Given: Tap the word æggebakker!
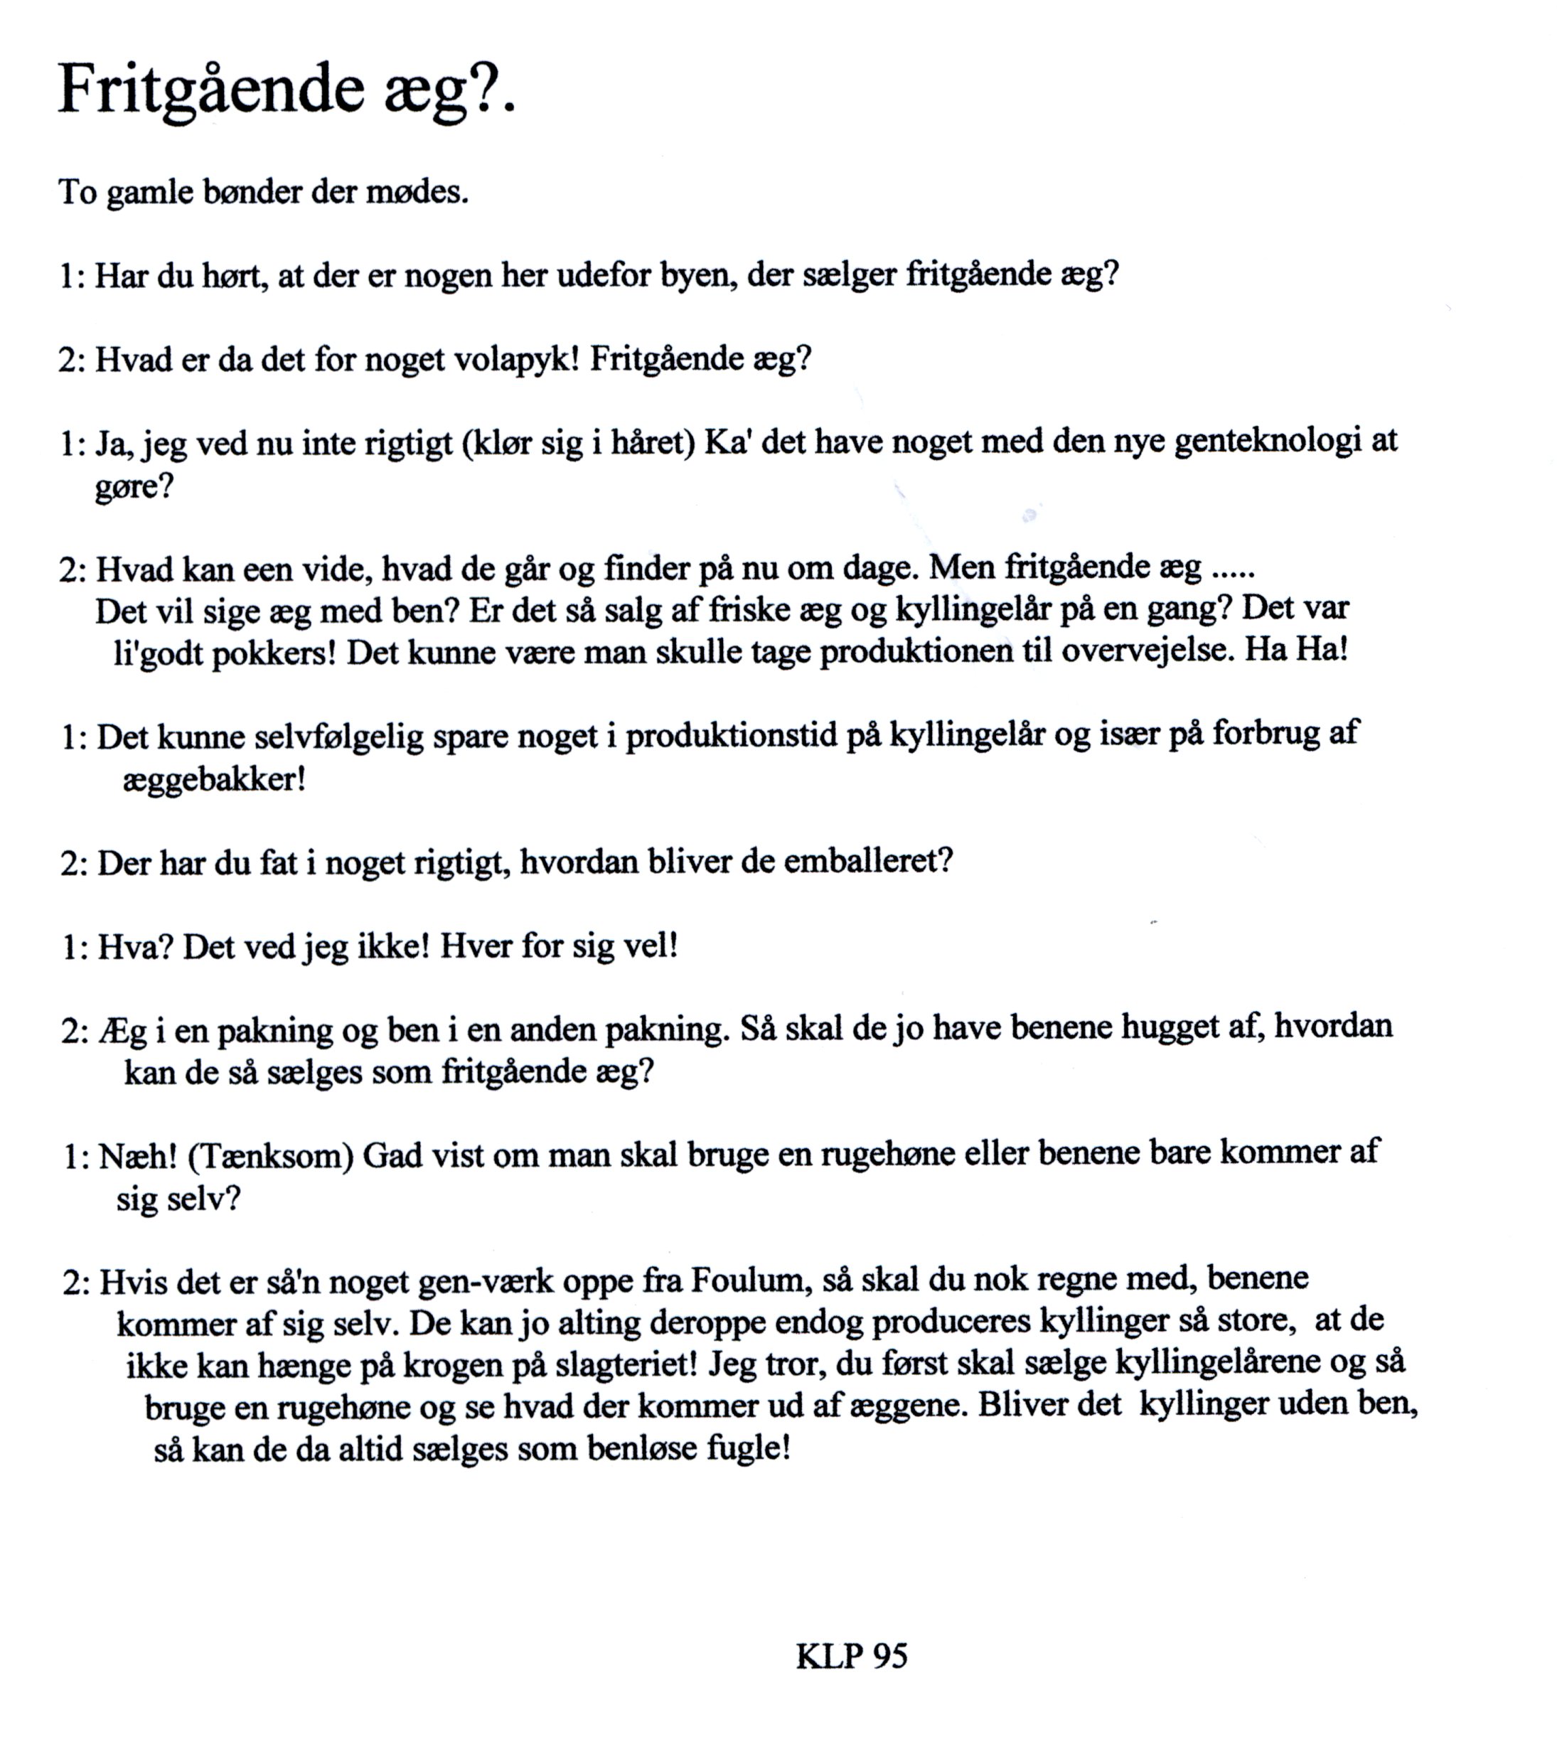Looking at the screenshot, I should click(214, 779).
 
